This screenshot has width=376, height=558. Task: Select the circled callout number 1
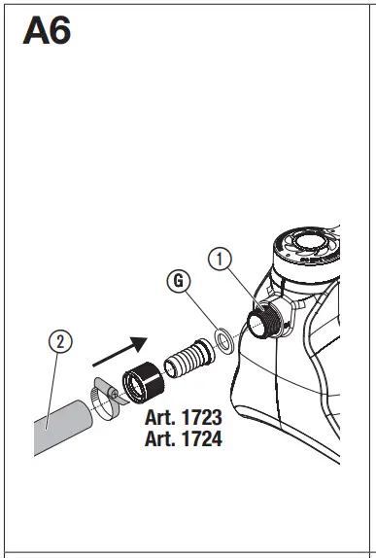222,260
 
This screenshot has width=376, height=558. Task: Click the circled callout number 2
60,342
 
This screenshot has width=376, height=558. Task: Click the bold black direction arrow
127,348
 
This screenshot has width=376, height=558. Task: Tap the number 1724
198,438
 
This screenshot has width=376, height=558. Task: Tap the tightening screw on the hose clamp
114,391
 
